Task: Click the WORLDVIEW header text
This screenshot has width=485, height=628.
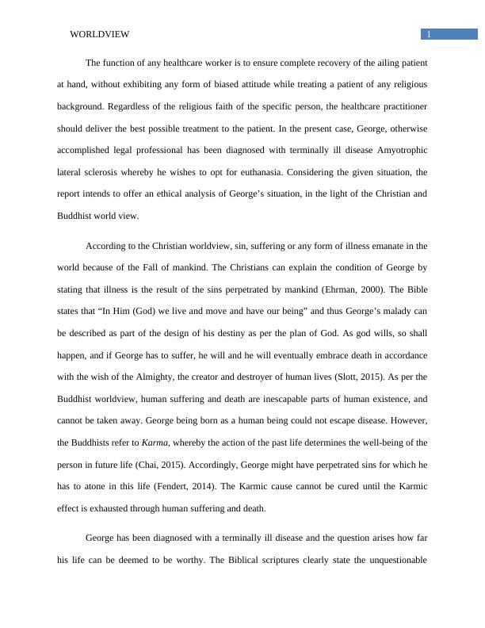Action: pyautogui.click(x=99, y=34)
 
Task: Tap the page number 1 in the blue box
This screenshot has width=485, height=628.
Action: pyautogui.click(x=429, y=34)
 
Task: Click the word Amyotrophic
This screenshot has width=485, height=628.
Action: pyautogui.click(x=398, y=149)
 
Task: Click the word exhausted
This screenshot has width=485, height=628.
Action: pyautogui.click(x=124, y=508)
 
